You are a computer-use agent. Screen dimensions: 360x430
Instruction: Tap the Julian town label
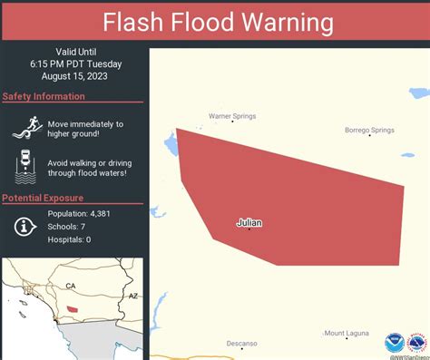(x=249, y=221)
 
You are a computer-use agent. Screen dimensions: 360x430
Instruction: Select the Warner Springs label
(x=232, y=116)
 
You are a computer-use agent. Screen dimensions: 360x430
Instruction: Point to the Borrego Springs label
(x=369, y=131)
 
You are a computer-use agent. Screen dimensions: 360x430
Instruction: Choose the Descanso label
(x=242, y=344)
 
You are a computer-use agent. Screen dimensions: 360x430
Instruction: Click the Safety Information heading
(x=44, y=97)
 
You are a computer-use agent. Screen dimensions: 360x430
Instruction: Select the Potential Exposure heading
(x=43, y=198)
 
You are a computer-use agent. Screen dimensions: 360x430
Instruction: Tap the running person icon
(x=27, y=129)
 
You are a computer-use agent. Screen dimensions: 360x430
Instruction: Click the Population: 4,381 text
(x=79, y=213)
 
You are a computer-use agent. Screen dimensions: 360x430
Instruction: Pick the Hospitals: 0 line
(x=70, y=239)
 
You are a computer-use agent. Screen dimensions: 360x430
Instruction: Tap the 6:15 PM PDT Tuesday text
(x=75, y=63)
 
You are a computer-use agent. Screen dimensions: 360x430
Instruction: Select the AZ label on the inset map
(x=132, y=297)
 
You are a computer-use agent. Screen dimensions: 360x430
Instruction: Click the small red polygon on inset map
(x=73, y=310)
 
